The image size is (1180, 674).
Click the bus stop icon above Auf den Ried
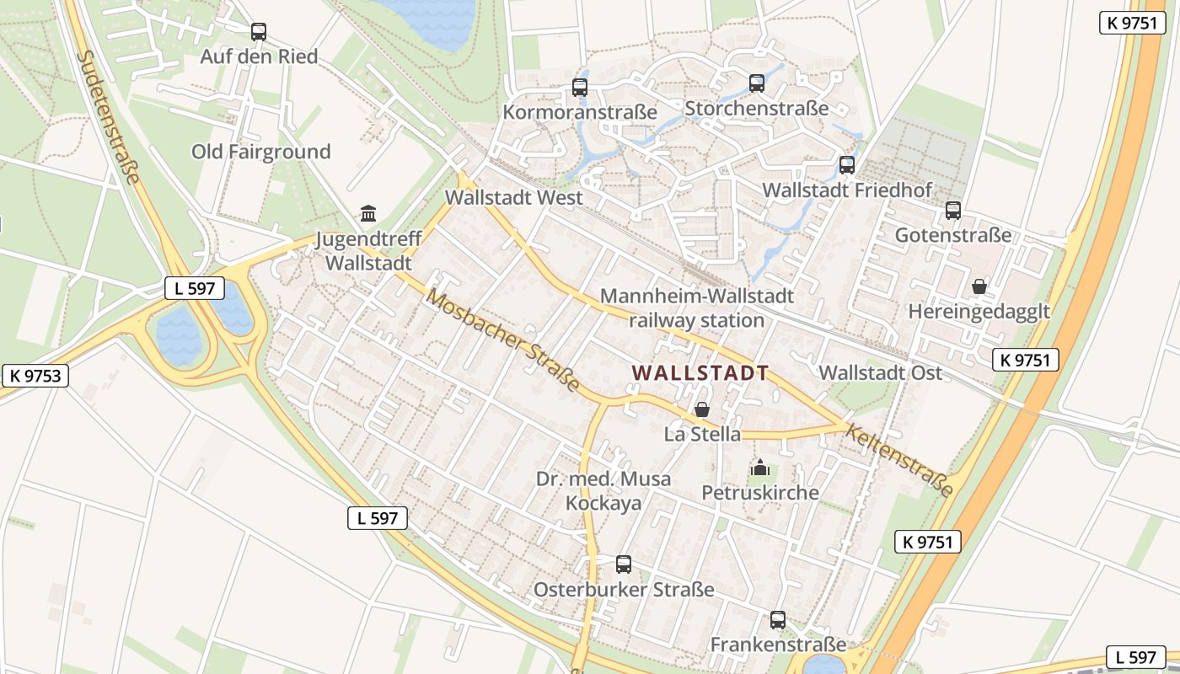coord(259,32)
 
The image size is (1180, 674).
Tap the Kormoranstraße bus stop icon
coord(579,87)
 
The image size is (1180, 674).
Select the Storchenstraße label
coord(756,109)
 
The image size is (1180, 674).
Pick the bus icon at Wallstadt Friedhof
coord(847,165)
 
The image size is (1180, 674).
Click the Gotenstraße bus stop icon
coord(952,211)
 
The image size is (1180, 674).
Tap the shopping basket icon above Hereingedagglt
coord(979,286)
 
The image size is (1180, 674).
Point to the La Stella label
coord(702,435)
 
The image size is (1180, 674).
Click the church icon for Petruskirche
coord(760,467)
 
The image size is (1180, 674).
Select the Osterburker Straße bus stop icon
coord(624,564)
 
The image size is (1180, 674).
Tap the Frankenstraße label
coord(777,645)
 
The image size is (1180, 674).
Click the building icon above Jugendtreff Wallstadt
coord(368,214)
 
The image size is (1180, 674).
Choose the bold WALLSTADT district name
coord(700,373)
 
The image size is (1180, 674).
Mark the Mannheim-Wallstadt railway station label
coord(696,308)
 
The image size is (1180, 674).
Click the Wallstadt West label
coord(513,198)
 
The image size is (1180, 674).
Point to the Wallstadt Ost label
coord(880,372)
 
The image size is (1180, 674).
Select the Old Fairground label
coord(260,152)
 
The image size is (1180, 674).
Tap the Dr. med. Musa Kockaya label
coord(603,491)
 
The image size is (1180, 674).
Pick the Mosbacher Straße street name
coord(502,340)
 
